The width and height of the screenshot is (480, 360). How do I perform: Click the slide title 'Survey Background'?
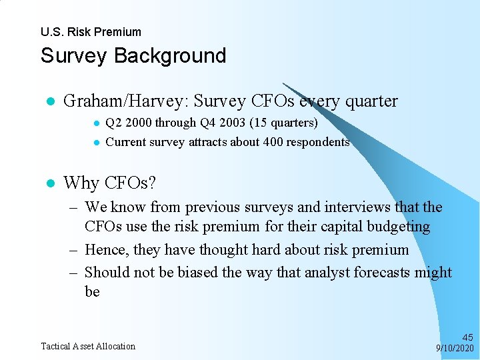click(133, 55)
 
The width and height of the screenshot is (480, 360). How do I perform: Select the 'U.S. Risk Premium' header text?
click(91, 32)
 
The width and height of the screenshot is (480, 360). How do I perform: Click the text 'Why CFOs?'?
click(109, 183)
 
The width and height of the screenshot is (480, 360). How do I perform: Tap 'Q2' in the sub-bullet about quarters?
click(113, 123)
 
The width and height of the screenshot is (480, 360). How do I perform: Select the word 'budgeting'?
click(397, 227)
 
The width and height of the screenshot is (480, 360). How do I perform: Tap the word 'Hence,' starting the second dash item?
click(107, 250)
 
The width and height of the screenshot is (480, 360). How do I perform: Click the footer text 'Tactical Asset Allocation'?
click(88, 346)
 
